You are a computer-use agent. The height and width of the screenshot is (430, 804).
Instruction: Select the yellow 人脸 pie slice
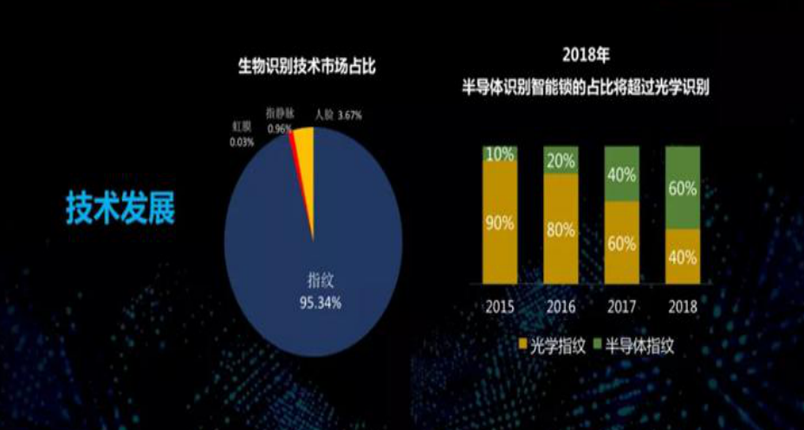click(x=305, y=165)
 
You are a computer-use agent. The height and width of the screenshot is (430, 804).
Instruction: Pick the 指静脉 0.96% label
click(x=279, y=121)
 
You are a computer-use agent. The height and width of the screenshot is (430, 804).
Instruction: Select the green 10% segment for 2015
click(x=501, y=154)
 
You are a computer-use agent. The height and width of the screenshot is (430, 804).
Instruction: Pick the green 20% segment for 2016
click(x=560, y=160)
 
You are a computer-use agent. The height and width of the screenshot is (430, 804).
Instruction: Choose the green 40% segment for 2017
click(x=620, y=173)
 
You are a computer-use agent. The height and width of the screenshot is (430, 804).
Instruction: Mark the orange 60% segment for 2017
click(x=620, y=241)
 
